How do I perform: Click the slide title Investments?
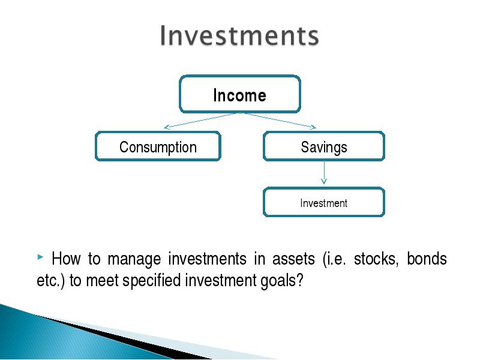[x=239, y=36]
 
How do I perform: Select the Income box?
[x=240, y=94]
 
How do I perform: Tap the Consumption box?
[x=158, y=146]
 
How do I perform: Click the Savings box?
[x=324, y=146]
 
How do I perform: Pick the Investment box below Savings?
[x=324, y=202]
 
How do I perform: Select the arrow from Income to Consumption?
[x=202, y=121]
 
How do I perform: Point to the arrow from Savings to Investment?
[x=324, y=173]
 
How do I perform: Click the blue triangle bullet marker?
[x=40, y=257]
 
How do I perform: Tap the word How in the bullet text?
[x=66, y=259]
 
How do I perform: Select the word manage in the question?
[x=134, y=260]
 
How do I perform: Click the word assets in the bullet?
[x=293, y=259]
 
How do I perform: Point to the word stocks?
[x=376, y=259]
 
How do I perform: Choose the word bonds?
[x=427, y=259]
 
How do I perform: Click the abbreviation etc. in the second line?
[x=49, y=280]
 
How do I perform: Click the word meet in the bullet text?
[x=103, y=281]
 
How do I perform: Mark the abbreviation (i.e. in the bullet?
[x=334, y=259]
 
